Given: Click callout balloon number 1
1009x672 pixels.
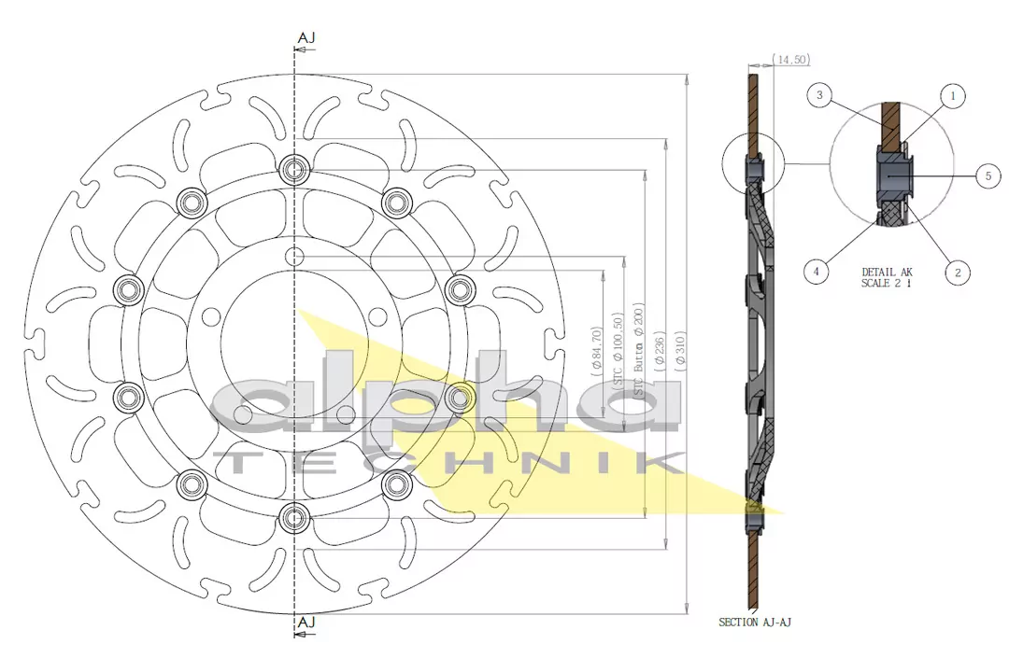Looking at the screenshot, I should coord(952,95).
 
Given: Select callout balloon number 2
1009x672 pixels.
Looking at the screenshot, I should coord(957,272).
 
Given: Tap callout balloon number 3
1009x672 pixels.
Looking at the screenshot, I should coord(819,95).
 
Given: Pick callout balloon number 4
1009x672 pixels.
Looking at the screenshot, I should coord(817,272).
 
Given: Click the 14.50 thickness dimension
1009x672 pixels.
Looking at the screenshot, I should coord(792,60).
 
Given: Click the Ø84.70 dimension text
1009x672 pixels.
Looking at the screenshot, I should coord(596,351).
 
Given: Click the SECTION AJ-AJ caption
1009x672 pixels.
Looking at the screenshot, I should coord(756,622).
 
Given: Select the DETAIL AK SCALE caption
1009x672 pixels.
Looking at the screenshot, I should coord(887,277).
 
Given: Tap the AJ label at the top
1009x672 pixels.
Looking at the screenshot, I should coord(306,37).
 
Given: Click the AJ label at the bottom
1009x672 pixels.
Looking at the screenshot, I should coord(306,622).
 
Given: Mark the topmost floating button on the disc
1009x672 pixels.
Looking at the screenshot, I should coord(295,169).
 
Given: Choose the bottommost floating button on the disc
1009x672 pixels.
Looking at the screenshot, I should coord(295,514).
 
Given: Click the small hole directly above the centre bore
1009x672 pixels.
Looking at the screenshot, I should coord(295,256).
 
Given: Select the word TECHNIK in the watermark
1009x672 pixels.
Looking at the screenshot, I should coord(448,464).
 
